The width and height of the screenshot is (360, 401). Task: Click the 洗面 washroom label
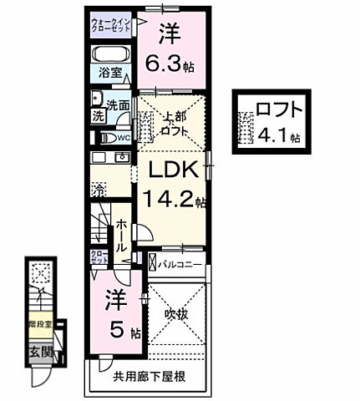116,107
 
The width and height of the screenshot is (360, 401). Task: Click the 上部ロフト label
174,124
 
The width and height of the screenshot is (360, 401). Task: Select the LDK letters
174,170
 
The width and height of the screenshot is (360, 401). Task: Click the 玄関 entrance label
40,352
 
